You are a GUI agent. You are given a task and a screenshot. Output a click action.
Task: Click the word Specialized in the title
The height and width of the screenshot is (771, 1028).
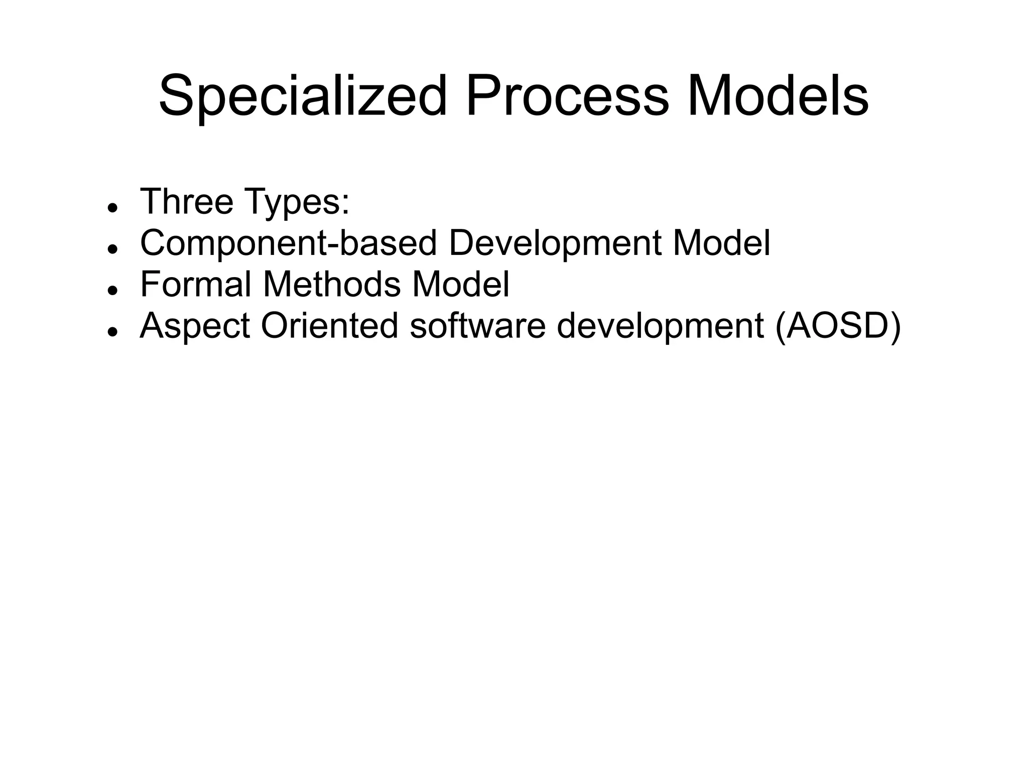tap(303, 95)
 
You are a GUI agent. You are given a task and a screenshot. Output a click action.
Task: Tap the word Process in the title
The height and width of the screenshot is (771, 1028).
tap(567, 95)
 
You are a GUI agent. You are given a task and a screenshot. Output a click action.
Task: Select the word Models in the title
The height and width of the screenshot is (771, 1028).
tap(778, 95)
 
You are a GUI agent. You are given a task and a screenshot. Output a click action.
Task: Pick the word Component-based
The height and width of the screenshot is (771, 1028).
tap(288, 243)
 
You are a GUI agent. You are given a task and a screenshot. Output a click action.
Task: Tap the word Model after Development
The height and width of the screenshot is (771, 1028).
tap(721, 243)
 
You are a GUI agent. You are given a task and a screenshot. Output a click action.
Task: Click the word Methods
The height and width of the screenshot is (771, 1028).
tap(332, 284)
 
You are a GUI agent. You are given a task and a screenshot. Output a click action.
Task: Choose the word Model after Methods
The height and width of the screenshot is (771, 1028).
tap(460, 284)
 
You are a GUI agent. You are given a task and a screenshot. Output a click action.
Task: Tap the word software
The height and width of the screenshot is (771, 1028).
tap(477, 326)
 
